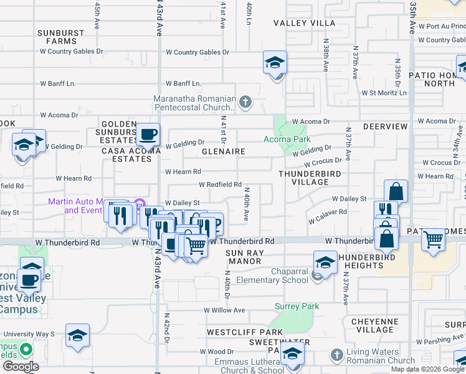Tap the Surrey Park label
point(297,306)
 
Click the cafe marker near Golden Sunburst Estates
point(148,135)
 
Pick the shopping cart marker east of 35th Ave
point(433,239)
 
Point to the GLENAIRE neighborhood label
point(223,151)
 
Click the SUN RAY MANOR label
point(245,257)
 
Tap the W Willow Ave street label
point(223,310)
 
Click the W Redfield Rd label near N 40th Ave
point(220,185)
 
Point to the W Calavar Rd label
point(327,212)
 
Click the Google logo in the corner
point(21,366)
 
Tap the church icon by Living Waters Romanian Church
point(337,355)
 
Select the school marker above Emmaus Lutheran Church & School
point(292,353)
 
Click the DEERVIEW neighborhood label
point(385,127)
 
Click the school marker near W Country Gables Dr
point(275,63)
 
